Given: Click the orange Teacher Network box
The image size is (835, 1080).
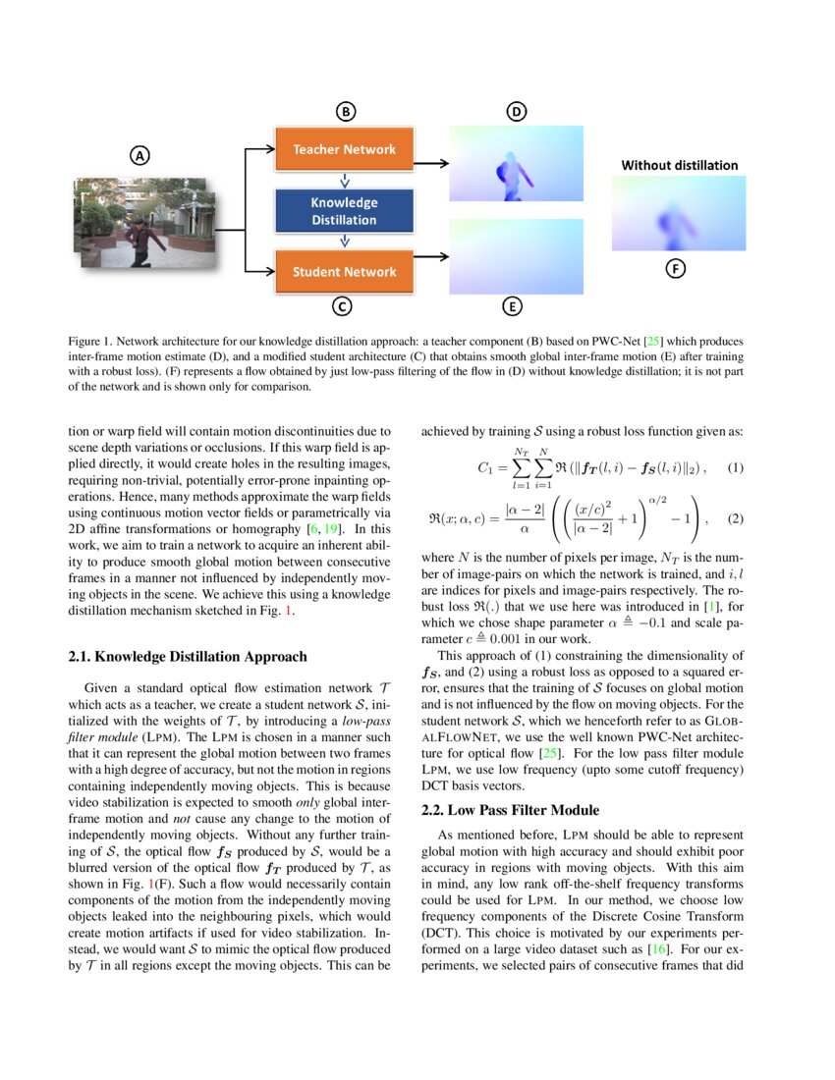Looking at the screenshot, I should pyautogui.click(x=344, y=149).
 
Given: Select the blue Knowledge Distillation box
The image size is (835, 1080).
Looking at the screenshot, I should pyautogui.click(x=344, y=211).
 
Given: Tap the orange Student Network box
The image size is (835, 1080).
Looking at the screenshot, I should pyautogui.click(x=344, y=272).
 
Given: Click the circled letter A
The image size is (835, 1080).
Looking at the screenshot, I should pyautogui.click(x=140, y=155).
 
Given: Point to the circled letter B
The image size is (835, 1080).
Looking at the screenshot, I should pyautogui.click(x=346, y=111).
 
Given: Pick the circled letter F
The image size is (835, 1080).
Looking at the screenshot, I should pyautogui.click(x=676, y=268).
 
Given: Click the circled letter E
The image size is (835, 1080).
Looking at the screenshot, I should pyautogui.click(x=512, y=307).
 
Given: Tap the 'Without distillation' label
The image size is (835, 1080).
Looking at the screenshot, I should pyautogui.click(x=679, y=165).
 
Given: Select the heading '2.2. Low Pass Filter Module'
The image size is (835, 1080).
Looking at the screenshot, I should pyautogui.click(x=510, y=810).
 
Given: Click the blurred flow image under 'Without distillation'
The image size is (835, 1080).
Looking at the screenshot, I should pyautogui.click(x=679, y=213).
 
